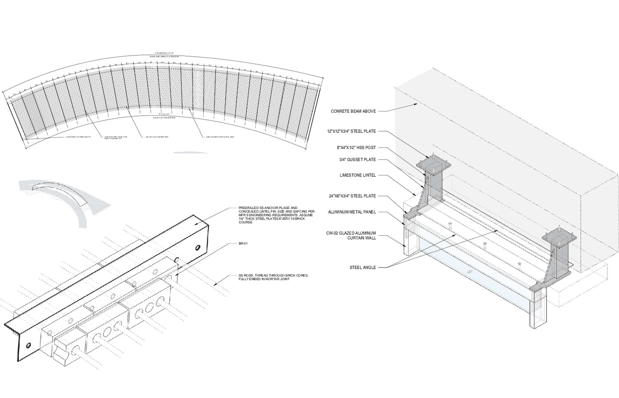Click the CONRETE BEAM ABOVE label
point(353,111)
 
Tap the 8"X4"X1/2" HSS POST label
point(356,147)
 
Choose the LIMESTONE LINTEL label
point(358,175)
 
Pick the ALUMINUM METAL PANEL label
point(352,212)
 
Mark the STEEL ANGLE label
point(363,268)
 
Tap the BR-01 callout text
point(243,244)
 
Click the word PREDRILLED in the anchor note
point(247,208)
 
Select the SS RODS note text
point(273,277)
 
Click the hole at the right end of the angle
point(198,248)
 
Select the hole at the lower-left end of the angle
point(28,345)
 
